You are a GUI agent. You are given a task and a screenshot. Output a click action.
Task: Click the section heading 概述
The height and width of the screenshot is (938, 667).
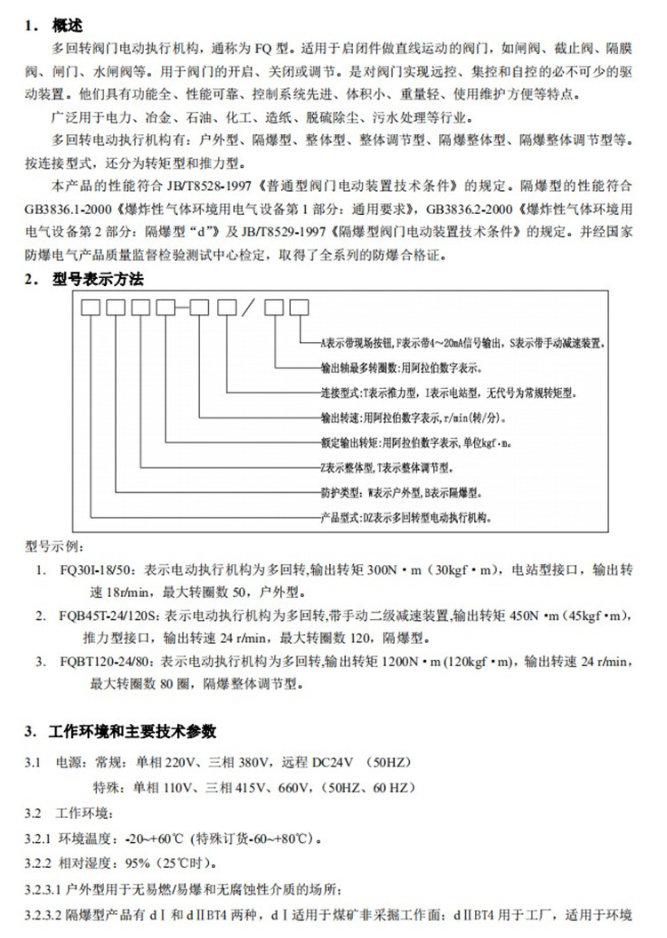[x=71, y=23]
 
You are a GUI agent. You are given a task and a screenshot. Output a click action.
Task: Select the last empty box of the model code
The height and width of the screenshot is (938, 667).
[x=300, y=309]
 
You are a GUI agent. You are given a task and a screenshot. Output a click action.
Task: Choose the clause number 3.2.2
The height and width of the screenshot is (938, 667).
[x=39, y=862]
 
